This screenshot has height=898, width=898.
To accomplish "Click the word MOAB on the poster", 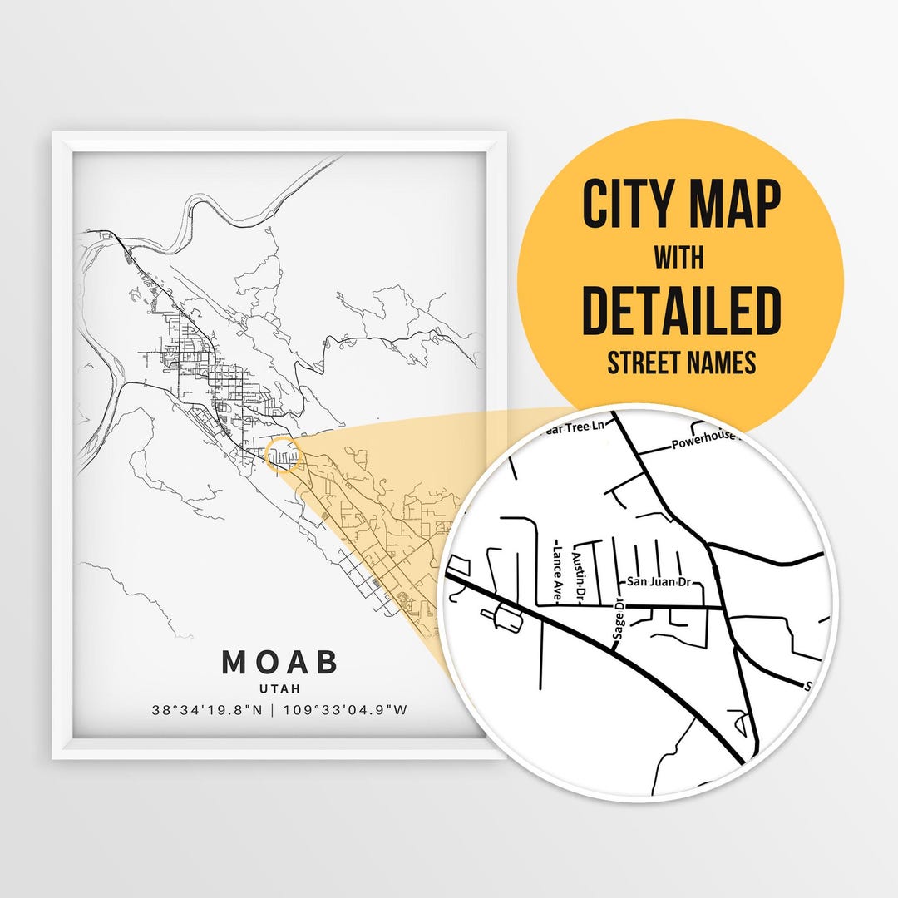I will (280, 663).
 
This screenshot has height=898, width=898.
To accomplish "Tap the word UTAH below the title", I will (280, 688).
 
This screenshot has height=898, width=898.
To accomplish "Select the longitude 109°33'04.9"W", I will (345, 711).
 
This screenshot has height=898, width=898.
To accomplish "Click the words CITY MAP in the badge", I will (681, 205).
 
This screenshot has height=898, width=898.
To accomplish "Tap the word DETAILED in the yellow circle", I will (681, 310).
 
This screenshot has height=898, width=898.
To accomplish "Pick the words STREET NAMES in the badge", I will (681, 363).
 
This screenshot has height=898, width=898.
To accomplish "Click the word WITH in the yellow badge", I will (679, 259).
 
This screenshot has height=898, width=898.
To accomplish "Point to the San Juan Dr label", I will (659, 582).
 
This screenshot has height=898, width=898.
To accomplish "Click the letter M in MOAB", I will (234, 663).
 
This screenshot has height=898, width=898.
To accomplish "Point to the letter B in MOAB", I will (327, 663).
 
